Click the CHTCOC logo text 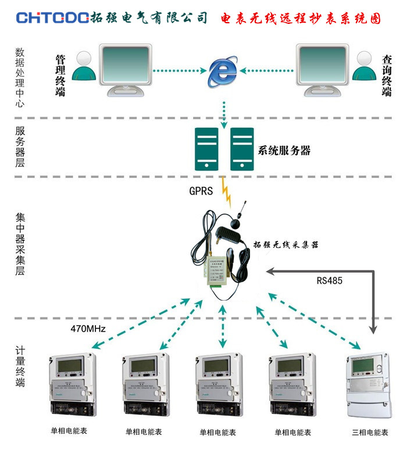[53, 18]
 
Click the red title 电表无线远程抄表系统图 [301, 19]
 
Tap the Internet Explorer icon [223, 72]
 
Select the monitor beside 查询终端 [323, 67]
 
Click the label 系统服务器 [284, 151]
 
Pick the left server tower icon [206, 149]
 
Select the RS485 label [329, 280]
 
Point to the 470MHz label [87, 329]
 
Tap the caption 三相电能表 [370, 433]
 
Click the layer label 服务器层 [20, 147]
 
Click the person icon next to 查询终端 [365, 66]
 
